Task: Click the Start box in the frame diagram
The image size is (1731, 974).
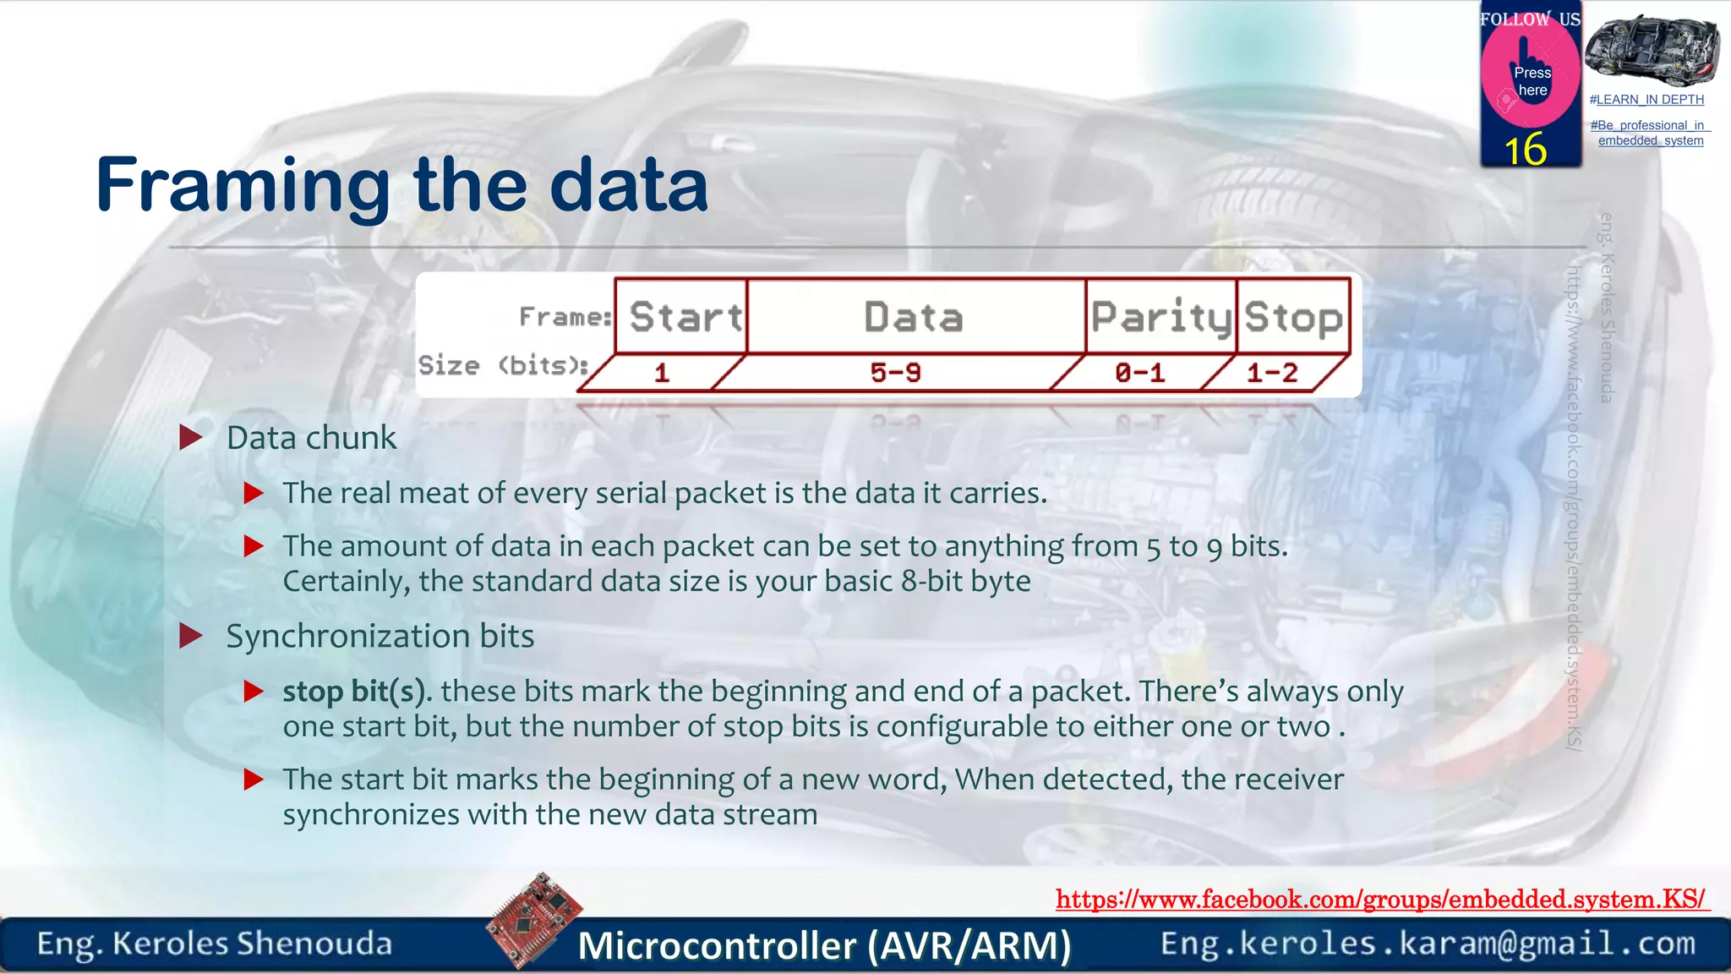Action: pos(683,316)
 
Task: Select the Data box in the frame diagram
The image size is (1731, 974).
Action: pos(915,316)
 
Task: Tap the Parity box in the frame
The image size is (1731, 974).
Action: pos(1160,316)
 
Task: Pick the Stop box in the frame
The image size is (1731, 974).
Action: pos(1293,316)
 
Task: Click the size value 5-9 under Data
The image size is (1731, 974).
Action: pos(896,373)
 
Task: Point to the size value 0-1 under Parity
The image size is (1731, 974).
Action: pos(1139,373)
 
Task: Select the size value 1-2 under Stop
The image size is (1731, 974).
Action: pos(1272,373)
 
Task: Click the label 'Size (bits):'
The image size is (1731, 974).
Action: pos(503,365)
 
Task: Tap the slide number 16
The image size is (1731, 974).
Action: pos(1526,150)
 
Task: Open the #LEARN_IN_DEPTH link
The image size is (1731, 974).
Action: pos(1646,100)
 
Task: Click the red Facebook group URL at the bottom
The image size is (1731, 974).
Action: pos(1381,899)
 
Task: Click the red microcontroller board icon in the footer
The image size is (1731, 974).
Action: pos(535,920)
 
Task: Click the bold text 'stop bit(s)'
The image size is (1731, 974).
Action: pos(353,692)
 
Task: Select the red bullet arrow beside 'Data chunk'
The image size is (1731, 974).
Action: pos(192,437)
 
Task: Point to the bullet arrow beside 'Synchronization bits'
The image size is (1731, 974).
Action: pos(192,636)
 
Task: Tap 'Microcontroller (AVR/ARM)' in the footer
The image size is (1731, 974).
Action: pos(824,945)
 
